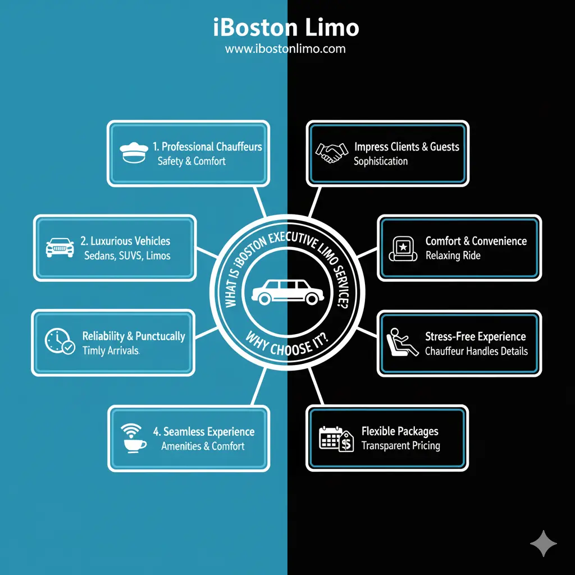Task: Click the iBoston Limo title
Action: pyautogui.click(x=286, y=27)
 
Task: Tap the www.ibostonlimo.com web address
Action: pyautogui.click(x=285, y=49)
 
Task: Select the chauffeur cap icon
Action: pyautogui.click(x=133, y=152)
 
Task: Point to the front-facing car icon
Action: pyautogui.click(x=60, y=248)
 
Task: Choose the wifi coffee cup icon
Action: pyautogui.click(x=134, y=438)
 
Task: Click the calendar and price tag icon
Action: pyautogui.click(x=336, y=438)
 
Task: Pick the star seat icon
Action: pyautogui.click(x=403, y=249)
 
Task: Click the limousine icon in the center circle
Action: pyautogui.click(x=286, y=289)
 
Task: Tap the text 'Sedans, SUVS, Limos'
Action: pyautogui.click(x=127, y=255)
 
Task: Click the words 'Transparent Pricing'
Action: pyautogui.click(x=400, y=446)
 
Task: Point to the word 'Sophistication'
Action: pyautogui.click(x=381, y=161)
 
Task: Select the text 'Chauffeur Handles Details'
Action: pyautogui.click(x=476, y=351)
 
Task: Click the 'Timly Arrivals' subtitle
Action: pyautogui.click(x=111, y=350)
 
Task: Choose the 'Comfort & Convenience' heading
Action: pyautogui.click(x=476, y=241)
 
